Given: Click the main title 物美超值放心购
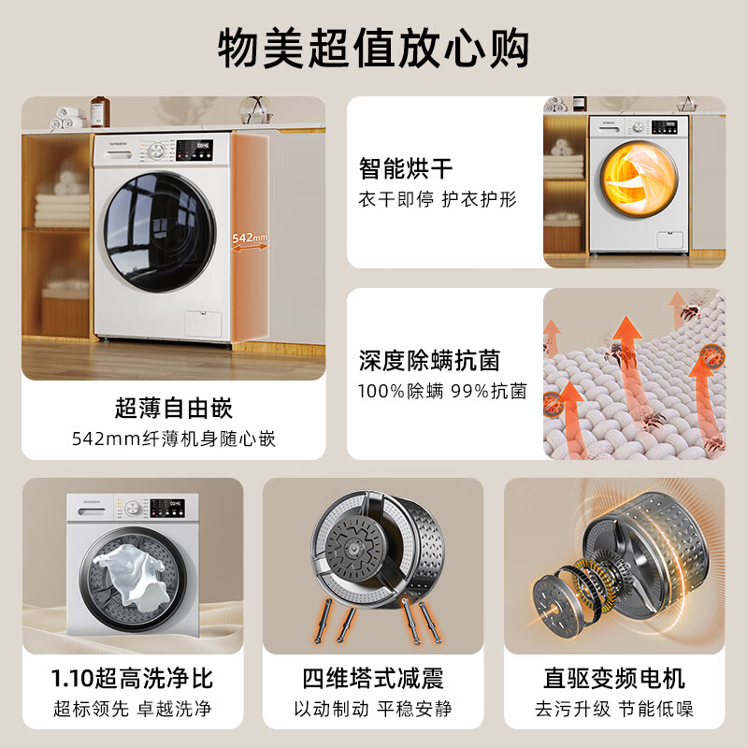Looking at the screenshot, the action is (x=373, y=49).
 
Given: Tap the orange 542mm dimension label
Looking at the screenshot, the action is (x=250, y=237).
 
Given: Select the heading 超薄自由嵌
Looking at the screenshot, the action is (x=174, y=409).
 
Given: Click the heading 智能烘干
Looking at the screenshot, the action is (x=406, y=168).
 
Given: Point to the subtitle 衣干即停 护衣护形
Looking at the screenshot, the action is (x=438, y=199).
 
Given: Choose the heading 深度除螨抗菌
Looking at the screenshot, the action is (x=429, y=360).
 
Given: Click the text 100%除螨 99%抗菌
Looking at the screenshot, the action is (x=442, y=391).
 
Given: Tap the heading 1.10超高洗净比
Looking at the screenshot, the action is (x=132, y=679).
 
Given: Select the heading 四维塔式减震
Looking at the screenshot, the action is (x=373, y=679).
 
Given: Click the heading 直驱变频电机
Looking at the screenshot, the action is (x=614, y=679).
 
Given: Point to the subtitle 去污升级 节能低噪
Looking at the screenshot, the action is (x=614, y=709).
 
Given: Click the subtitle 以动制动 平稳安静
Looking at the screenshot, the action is (x=373, y=709).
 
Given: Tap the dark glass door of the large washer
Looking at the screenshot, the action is (x=160, y=232).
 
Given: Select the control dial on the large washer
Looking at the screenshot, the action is (x=156, y=151).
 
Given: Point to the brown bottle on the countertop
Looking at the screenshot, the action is (x=100, y=111).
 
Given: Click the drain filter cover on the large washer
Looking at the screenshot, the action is (x=203, y=324).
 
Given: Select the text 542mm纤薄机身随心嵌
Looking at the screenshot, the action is (x=174, y=439).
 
